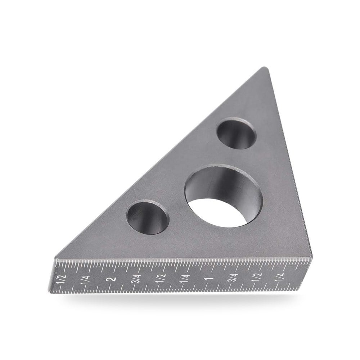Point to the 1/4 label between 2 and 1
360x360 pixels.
[186, 279]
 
